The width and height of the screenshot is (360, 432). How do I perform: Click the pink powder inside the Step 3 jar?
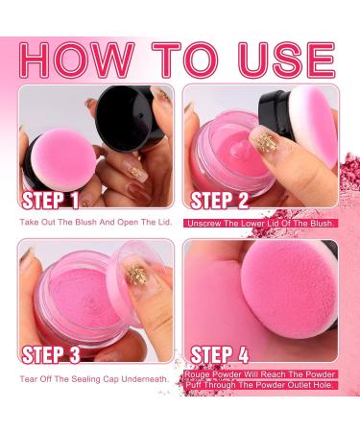click(82, 288)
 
